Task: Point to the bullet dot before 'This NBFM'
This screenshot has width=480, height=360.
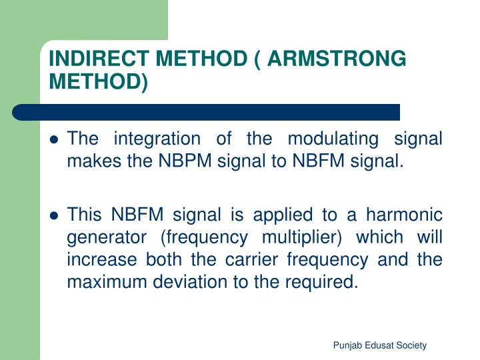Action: [x=55, y=217]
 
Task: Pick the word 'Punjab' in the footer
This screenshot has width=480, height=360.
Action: [x=347, y=345]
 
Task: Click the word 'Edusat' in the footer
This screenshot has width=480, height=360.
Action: [x=378, y=345]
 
